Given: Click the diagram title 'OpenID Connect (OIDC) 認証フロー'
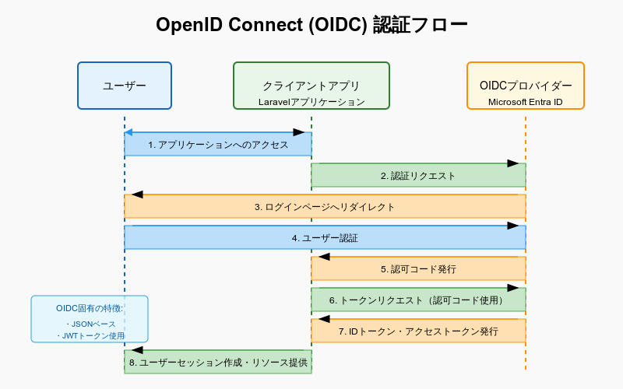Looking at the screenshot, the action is [x=311, y=25].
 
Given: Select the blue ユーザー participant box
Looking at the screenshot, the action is [x=125, y=86].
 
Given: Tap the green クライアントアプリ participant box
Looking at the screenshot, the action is [x=311, y=86].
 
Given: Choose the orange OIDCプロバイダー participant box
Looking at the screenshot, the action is [x=525, y=86].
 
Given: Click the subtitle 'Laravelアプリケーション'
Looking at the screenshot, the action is [x=311, y=102].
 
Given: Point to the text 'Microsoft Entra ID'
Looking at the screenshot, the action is [x=525, y=102].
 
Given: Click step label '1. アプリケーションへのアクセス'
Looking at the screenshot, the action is [x=218, y=145].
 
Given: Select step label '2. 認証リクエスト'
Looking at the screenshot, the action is [x=418, y=176].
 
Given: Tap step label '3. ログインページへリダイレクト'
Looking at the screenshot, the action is [x=325, y=207].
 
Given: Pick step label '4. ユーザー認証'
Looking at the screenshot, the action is [x=325, y=238].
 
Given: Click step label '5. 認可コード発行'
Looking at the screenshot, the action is [x=418, y=269].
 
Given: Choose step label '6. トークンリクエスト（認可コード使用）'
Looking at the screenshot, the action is [x=418, y=300].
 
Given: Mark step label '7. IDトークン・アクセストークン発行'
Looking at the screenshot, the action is [x=418, y=331].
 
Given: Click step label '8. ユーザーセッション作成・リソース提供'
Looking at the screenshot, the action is [x=218, y=363].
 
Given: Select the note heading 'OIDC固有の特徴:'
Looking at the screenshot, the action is [x=90, y=308].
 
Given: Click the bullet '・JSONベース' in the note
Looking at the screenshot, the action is [x=90, y=324].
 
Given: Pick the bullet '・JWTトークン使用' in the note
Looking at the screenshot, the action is [x=90, y=336].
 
